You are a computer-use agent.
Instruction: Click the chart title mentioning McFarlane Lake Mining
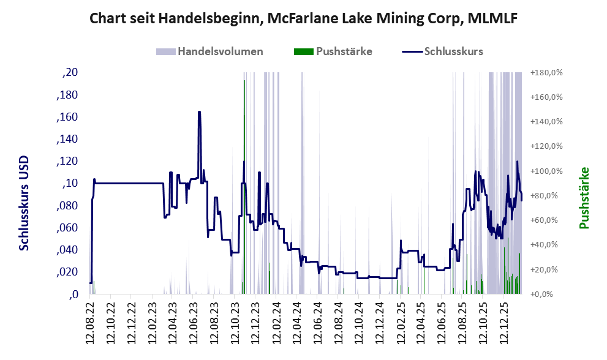303,18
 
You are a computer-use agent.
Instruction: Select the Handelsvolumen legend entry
220,51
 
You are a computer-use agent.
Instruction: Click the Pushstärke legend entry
344,51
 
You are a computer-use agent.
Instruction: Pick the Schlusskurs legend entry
453,51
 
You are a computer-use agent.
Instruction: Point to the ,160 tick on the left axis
67,117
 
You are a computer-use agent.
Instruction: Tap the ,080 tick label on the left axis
67,206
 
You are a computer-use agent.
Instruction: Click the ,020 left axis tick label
67,272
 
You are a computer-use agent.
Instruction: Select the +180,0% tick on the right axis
546,73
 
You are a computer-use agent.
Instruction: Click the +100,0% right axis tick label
546,171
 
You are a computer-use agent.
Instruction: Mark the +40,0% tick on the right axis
546,245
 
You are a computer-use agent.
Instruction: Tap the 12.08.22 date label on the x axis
91,321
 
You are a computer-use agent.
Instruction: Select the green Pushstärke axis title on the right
584,198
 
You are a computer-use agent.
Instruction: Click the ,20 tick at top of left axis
70,73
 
